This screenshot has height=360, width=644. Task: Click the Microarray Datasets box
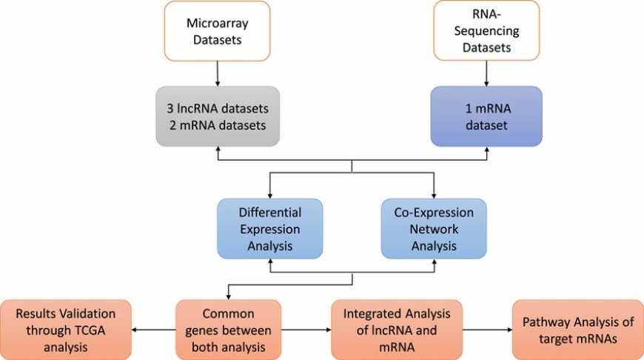click(217, 30)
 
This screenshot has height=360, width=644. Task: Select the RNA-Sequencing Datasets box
click(486, 30)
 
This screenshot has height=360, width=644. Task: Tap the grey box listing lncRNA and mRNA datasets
click(217, 116)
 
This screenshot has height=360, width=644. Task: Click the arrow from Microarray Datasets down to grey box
click(217, 73)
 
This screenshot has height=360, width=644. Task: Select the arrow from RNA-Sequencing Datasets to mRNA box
click(486, 73)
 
